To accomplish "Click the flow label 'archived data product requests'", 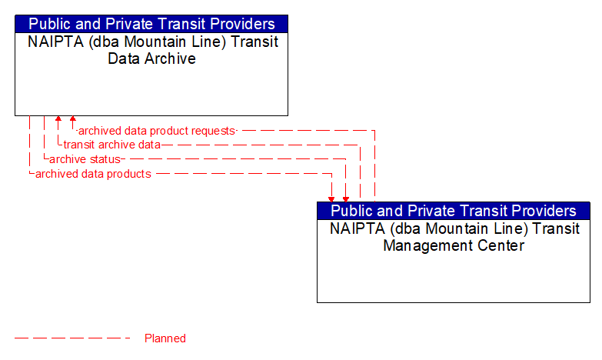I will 157,131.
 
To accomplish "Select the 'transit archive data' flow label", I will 112,145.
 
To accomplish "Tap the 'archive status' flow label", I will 85,159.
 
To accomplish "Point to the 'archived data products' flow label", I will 93,174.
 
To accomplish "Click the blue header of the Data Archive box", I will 151,24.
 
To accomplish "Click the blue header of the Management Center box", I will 454,211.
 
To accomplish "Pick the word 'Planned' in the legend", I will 165,338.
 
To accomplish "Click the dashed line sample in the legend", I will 73,338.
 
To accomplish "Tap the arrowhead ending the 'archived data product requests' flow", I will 73,120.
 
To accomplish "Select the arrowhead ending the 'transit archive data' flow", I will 58,120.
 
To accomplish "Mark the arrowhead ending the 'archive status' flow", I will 346,198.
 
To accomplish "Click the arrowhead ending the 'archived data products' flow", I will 332,198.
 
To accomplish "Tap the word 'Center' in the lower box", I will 500,245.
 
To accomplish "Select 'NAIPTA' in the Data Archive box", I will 55,42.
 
